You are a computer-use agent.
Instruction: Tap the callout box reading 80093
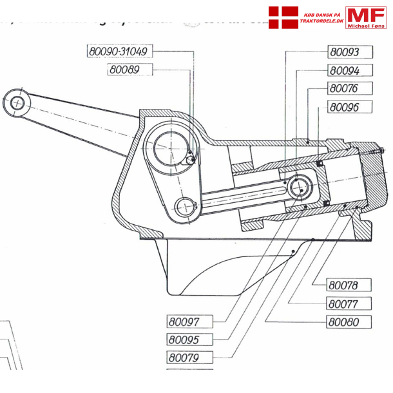[343, 52]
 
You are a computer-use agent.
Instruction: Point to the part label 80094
[344, 70]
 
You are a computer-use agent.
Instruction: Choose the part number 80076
[343, 88]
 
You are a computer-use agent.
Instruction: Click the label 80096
[343, 107]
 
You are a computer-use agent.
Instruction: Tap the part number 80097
[184, 321]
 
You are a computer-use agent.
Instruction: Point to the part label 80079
[184, 358]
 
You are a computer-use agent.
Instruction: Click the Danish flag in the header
[283, 17]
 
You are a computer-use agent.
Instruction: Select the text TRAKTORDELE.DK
[321, 21]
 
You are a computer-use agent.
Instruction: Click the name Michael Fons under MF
[366, 25]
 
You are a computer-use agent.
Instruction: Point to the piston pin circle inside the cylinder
[300, 187]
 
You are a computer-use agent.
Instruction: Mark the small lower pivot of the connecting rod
[185, 206]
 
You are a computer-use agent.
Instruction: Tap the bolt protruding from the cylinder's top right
[379, 153]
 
